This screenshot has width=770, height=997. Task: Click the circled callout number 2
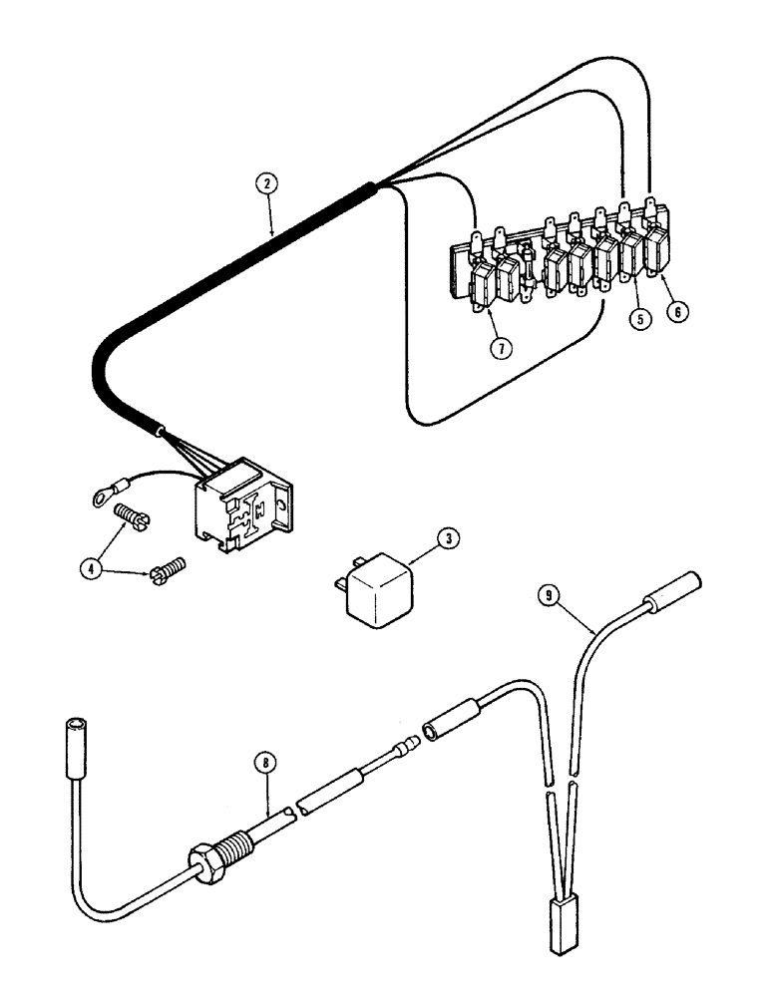pos(264,183)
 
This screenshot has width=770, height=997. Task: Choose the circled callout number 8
pos(264,764)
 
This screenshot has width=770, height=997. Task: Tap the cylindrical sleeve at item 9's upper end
pos(673,592)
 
